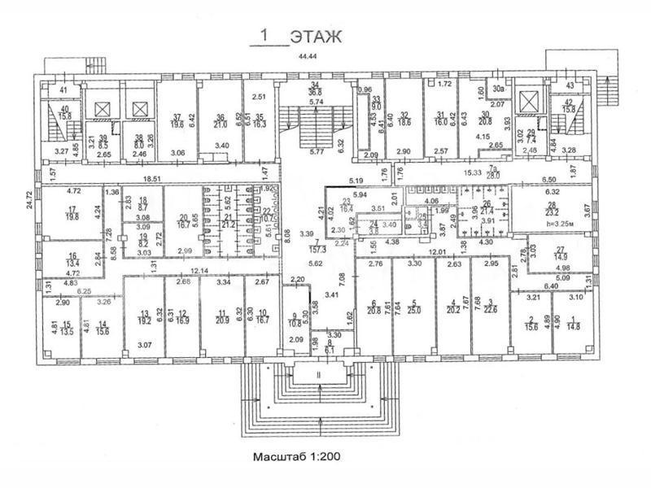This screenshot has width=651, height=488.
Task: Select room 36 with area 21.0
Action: tap(220, 120)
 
